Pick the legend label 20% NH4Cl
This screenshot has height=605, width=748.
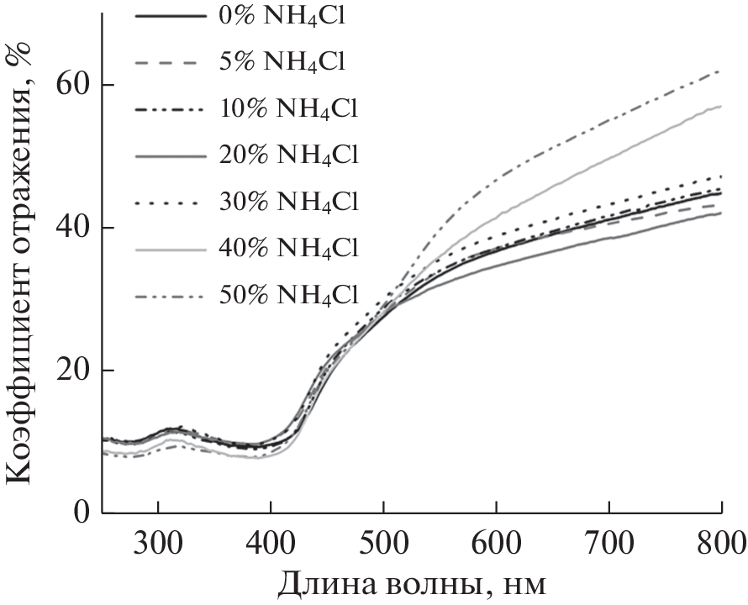[x=287, y=155]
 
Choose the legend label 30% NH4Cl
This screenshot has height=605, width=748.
[x=287, y=203]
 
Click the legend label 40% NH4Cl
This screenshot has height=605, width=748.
[x=287, y=249]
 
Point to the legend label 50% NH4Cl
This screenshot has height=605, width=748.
[x=287, y=296]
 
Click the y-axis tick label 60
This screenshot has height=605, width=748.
[x=72, y=86]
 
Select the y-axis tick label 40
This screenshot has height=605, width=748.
[x=72, y=229]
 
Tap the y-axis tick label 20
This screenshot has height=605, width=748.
[x=72, y=371]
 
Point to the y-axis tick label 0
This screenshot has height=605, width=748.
[x=82, y=513]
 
